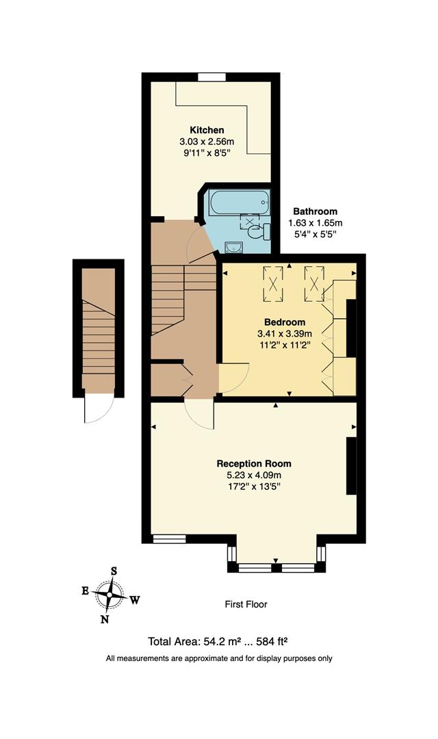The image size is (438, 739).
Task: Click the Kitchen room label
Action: (x=207, y=130)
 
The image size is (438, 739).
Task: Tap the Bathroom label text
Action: (x=315, y=211)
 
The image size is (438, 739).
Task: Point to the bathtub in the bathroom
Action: (x=231, y=203)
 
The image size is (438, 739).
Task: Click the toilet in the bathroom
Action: (x=257, y=233)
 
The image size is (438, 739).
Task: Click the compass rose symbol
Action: (x=109, y=593)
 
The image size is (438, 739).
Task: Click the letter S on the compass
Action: (x=114, y=570)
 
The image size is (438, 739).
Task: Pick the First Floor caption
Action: (x=246, y=604)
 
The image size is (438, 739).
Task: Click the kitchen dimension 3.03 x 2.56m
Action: (x=207, y=142)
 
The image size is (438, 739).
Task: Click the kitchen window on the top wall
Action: (x=211, y=77)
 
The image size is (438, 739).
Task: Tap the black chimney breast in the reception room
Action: (x=351, y=465)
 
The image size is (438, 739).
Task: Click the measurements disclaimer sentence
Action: (x=219, y=658)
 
